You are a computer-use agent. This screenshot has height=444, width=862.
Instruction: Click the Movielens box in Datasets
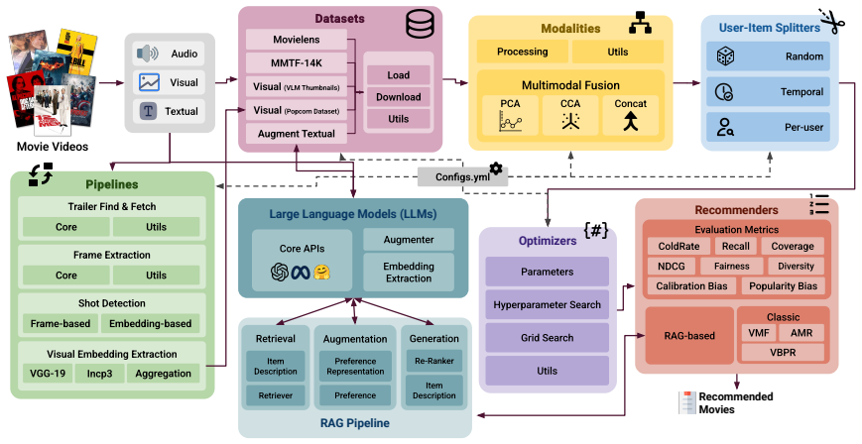point(297,40)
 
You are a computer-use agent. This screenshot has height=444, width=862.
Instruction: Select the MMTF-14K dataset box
point(297,63)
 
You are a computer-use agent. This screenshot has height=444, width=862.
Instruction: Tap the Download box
point(398,97)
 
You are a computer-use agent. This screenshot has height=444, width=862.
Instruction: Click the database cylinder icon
point(420,25)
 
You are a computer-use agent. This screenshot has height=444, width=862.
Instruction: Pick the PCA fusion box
point(510,115)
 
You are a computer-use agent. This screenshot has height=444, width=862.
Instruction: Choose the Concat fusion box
point(631,115)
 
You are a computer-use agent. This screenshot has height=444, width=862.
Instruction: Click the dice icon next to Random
point(726,56)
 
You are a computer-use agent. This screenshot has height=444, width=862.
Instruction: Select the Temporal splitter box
point(768,92)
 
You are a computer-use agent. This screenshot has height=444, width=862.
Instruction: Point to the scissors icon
point(831,21)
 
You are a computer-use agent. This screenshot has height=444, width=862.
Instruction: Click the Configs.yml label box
point(462,177)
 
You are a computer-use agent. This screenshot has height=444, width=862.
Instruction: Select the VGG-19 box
point(48,374)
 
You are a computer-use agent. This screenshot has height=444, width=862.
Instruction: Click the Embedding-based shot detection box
point(150,324)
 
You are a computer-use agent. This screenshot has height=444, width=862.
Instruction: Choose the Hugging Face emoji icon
point(321,272)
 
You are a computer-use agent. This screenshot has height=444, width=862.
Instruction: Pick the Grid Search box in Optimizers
point(547,338)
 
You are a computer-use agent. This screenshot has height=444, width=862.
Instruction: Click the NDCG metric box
point(672,267)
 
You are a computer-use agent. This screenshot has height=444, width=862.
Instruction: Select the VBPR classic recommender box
point(783,352)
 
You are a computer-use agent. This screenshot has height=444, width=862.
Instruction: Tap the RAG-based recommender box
point(689,335)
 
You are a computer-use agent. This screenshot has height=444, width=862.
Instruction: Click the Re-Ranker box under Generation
point(433,361)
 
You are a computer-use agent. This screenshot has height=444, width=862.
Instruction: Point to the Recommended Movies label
point(726,402)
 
